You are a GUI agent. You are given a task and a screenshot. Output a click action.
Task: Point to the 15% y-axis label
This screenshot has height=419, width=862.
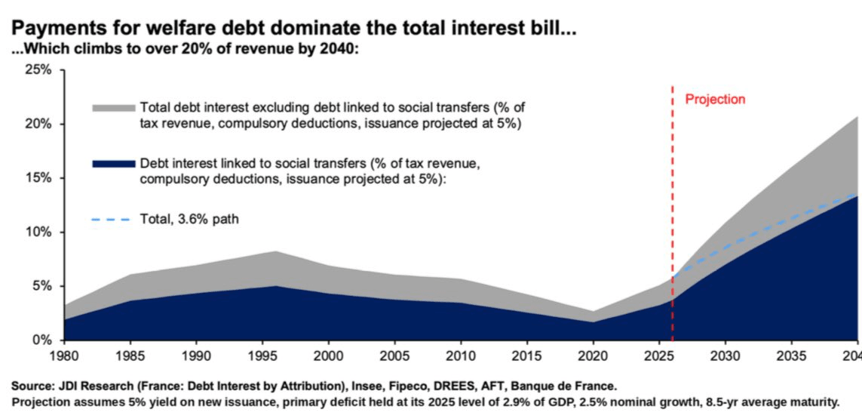pyautogui.click(x=39, y=178)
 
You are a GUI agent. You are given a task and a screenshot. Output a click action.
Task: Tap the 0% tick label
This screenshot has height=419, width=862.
pyautogui.click(x=43, y=340)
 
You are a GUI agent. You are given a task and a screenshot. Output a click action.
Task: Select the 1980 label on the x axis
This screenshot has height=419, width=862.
pyautogui.click(x=64, y=356)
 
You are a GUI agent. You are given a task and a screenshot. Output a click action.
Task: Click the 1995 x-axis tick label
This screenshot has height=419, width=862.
pyautogui.click(x=262, y=356)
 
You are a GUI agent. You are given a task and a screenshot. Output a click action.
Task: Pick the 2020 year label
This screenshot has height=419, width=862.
pyautogui.click(x=594, y=356)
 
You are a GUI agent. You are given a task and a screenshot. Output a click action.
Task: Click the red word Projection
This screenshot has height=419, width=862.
pyautogui.click(x=715, y=100)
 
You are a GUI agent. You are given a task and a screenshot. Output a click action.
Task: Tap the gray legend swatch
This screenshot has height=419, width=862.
pyautogui.click(x=114, y=106)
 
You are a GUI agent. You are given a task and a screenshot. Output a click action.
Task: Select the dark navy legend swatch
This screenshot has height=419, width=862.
pyautogui.click(x=114, y=164)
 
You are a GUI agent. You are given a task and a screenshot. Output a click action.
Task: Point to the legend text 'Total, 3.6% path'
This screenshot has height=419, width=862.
pyautogui.click(x=189, y=220)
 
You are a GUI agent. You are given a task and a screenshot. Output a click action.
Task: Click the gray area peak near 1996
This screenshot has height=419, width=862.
pyautogui.click(x=275, y=251)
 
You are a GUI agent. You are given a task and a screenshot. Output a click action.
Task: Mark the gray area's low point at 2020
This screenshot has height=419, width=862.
pyautogui.click(x=594, y=312)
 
